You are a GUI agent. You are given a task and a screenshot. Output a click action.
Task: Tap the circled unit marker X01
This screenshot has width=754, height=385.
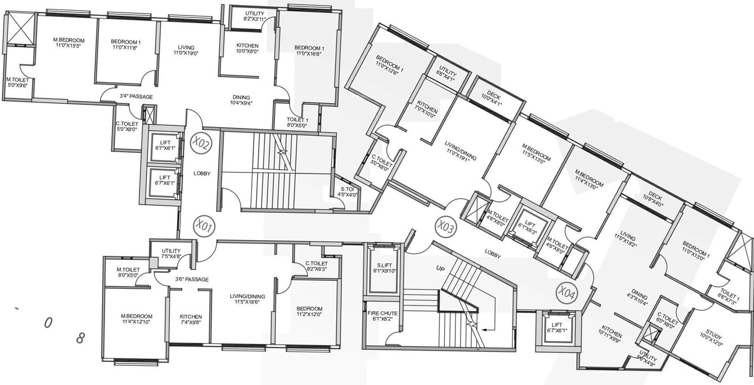[203, 227]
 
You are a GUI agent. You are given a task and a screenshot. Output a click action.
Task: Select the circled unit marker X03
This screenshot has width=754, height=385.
[446, 227]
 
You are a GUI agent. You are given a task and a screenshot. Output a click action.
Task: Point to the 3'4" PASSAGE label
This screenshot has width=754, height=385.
[136, 97]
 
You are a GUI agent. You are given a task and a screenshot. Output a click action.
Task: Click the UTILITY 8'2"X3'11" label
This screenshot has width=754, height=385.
[248, 16]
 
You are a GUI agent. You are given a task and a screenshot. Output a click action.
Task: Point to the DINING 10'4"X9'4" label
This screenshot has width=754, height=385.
[240, 100]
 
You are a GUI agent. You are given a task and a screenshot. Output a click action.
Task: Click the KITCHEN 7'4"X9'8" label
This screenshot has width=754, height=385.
[191, 320]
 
